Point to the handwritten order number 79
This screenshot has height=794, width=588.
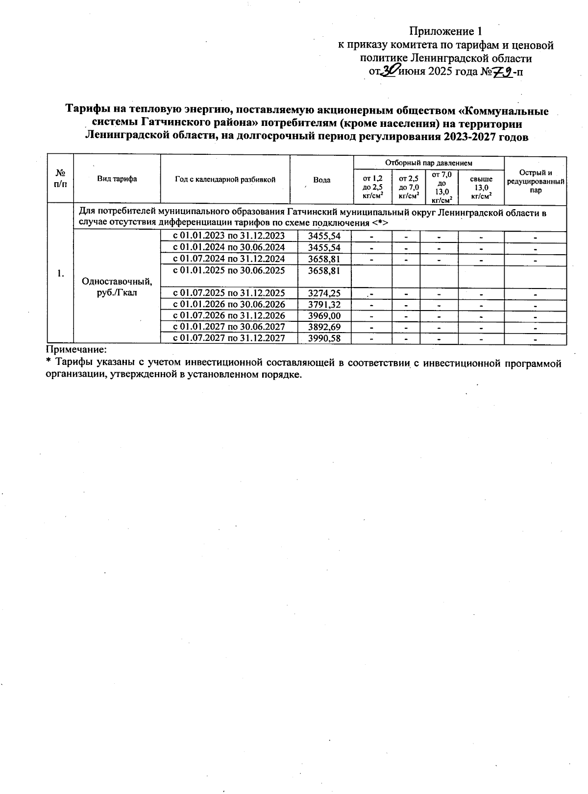click(x=501, y=72)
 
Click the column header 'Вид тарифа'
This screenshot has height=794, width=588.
click(x=117, y=179)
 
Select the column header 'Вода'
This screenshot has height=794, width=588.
click(x=321, y=180)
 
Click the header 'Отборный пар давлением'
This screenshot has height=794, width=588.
click(x=428, y=163)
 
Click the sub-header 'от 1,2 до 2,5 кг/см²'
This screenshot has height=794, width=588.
click(x=372, y=187)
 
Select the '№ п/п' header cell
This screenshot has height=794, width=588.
click(x=60, y=179)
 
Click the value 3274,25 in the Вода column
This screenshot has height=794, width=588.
click(x=324, y=293)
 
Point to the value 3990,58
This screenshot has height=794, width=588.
click(x=324, y=338)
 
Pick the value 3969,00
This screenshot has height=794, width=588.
click(x=324, y=316)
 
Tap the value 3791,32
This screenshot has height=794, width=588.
click(x=324, y=305)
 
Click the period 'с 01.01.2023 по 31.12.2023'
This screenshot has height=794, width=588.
click(x=229, y=236)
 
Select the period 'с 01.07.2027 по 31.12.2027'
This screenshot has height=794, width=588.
click(x=229, y=338)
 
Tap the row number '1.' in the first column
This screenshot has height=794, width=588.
click(x=60, y=274)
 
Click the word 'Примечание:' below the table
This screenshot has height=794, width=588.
click(x=76, y=350)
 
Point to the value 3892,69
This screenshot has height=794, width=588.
click(x=324, y=327)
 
